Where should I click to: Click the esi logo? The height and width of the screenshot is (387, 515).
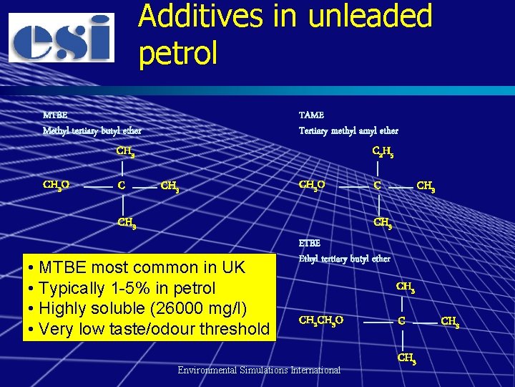[62, 37]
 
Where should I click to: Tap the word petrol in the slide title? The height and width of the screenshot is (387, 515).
[178, 52]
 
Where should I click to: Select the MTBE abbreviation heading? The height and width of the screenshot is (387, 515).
[55, 115]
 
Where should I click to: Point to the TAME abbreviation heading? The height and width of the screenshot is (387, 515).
[311, 115]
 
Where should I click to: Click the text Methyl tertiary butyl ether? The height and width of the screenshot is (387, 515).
[92, 130]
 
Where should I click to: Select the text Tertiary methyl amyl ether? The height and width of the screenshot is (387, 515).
[348, 130]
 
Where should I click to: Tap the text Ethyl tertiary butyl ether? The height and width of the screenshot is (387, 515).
[344, 258]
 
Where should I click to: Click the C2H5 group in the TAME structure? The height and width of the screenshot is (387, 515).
[383, 151]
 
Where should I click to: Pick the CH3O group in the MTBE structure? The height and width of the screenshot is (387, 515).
[56, 186]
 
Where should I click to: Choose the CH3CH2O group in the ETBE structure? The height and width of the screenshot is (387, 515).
[320, 320]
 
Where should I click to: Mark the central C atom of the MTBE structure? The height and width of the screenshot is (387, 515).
[122, 186]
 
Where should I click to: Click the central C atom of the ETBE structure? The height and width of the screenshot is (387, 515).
[402, 321]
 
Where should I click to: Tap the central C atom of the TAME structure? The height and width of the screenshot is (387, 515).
[377, 186]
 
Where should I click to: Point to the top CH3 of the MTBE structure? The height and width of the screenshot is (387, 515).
[126, 151]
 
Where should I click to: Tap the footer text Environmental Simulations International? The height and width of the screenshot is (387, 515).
[259, 370]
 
